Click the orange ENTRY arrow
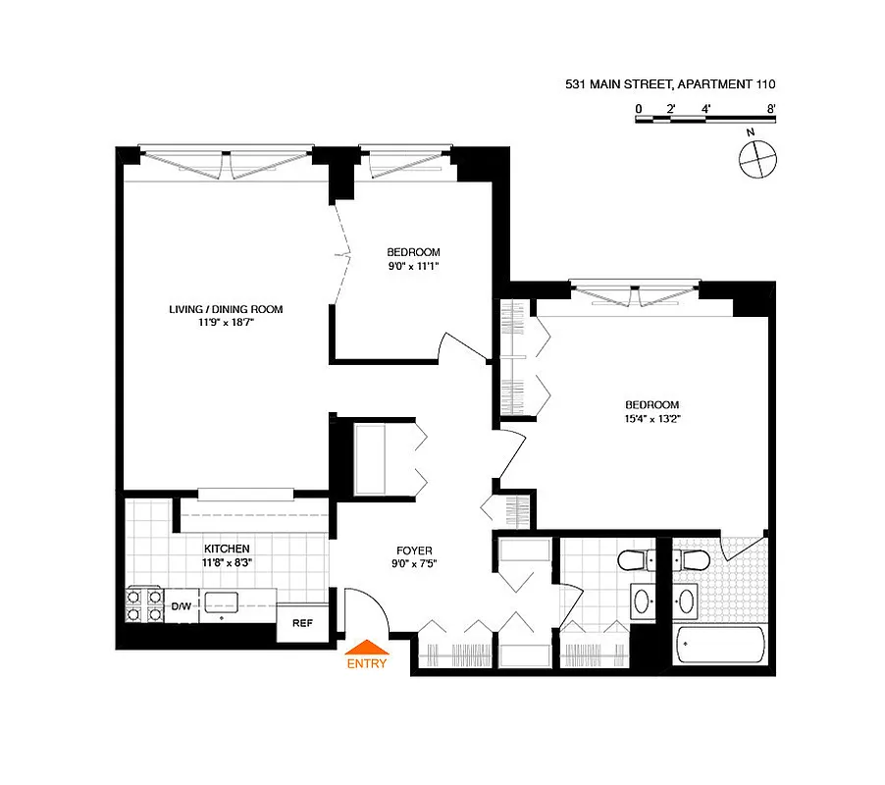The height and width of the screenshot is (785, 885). pos(367,646)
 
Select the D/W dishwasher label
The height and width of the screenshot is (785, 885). pos(182,605)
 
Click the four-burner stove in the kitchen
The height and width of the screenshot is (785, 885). pos(143,605)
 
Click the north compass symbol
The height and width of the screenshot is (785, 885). pos(757,158)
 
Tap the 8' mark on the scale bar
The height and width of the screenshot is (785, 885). pos(771,109)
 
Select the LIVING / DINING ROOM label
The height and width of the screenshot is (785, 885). pos(226,309)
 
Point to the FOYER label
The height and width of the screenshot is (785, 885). pos(413,550)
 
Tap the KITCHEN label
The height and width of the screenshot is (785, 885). pos(227,549)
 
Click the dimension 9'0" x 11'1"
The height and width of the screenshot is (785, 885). pos(413,265)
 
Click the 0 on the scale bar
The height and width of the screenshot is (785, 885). pos(638,109)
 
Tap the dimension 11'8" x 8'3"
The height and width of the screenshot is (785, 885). pos(227,562)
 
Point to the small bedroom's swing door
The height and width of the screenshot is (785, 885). pos(461,346)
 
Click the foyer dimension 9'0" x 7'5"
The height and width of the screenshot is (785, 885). pos(413,564)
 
